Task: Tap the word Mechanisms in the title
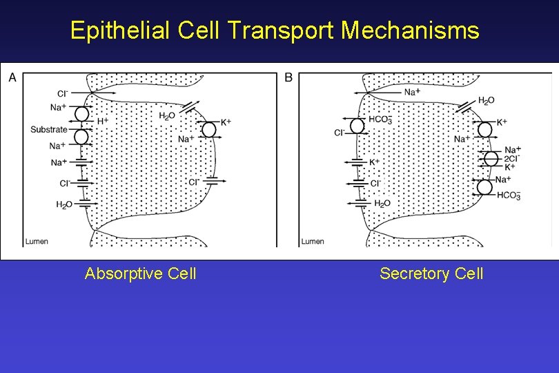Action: (x=410, y=30)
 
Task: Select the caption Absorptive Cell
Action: (x=140, y=274)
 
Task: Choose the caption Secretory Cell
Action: (x=431, y=274)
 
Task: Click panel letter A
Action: (x=12, y=77)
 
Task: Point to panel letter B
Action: (x=288, y=77)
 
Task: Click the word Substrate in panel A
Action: (x=49, y=129)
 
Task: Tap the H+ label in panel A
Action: (x=102, y=121)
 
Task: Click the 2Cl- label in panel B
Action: (x=512, y=158)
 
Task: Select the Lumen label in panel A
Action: (x=37, y=241)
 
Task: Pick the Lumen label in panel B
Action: (x=313, y=241)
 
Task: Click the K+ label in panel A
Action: (x=226, y=122)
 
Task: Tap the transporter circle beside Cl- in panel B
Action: (x=357, y=126)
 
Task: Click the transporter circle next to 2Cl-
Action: (x=491, y=158)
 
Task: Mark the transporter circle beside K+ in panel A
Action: (x=208, y=128)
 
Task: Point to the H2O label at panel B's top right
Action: (x=486, y=101)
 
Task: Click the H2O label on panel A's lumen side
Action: (x=63, y=204)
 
